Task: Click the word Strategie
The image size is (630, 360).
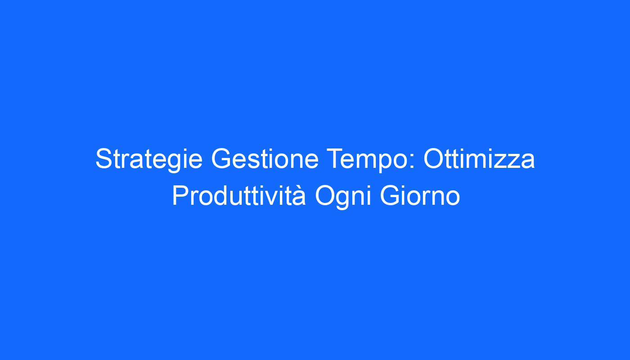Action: [149, 159]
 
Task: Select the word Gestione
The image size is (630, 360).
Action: [265, 158]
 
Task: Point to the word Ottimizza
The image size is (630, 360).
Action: [479, 158]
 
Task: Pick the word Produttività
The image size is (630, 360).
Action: [239, 195]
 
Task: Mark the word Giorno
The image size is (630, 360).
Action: [420, 196]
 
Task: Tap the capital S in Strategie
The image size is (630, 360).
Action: [104, 158]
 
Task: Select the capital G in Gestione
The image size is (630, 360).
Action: [221, 158]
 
